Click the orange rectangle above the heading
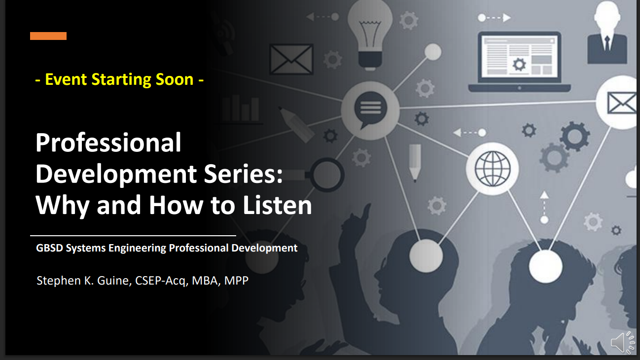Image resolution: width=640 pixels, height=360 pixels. tap(48, 36)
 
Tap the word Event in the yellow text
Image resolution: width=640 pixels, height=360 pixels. tap(66, 79)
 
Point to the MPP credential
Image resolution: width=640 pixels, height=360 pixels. tap(237, 281)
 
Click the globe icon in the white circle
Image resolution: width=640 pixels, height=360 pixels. tap(493, 168)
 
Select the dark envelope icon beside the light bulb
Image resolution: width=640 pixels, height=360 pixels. tap(291, 59)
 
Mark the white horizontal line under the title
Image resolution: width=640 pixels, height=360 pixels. tap(133, 236)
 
